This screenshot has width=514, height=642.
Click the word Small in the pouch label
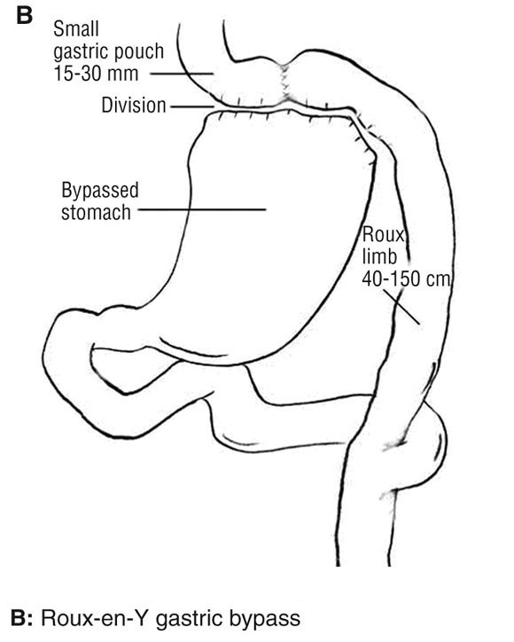pyautogui.click(x=76, y=29)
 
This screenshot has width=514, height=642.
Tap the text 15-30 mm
pyautogui.click(x=96, y=74)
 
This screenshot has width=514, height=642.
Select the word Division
pyautogui.click(x=134, y=106)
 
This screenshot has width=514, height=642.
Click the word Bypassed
pyautogui.click(x=100, y=192)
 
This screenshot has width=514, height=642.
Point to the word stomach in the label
pyautogui.click(x=96, y=213)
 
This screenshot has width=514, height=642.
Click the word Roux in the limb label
pyautogui.click(x=384, y=235)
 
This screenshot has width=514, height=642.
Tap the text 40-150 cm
pyautogui.click(x=406, y=278)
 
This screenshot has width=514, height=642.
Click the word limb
pyautogui.click(x=379, y=257)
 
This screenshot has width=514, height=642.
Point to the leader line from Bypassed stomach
pyautogui.click(x=202, y=209)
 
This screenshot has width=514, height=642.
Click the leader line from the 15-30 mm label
pyautogui.click(x=182, y=74)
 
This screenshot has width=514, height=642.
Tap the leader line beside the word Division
pyautogui.click(x=192, y=106)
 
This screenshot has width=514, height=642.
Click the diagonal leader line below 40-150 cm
pyautogui.click(x=401, y=307)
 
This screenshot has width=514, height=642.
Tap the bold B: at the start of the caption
pyautogui.click(x=21, y=618)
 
